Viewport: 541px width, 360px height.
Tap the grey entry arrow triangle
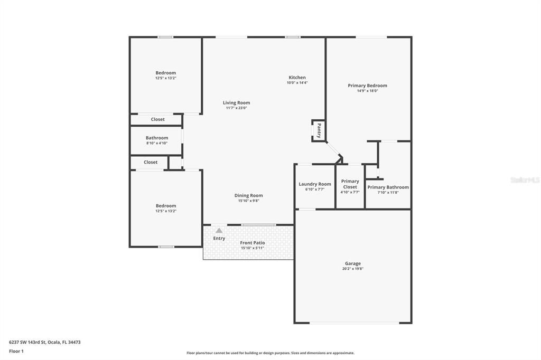tap(219, 230)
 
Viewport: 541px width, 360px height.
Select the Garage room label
tap(353, 263)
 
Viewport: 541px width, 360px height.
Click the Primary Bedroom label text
tap(367, 86)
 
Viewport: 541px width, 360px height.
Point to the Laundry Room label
tap(315, 184)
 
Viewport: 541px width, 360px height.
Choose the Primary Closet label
tap(350, 184)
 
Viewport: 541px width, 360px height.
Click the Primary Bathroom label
tap(388, 187)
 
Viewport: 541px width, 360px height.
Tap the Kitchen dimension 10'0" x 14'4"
tap(297, 83)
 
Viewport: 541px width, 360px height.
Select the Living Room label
tap(236, 103)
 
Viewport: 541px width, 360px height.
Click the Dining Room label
tap(248, 195)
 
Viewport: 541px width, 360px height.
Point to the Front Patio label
tap(253, 243)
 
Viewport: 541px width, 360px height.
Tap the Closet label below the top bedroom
tap(158, 119)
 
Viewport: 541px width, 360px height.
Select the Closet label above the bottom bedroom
tap(151, 162)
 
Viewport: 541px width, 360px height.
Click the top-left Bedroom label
tap(165, 73)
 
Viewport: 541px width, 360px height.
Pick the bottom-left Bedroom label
tap(165, 206)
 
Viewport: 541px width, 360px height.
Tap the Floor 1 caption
tap(16, 351)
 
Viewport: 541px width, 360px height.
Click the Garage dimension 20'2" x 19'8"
tap(353, 269)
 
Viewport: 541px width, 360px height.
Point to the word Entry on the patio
tap(219, 239)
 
